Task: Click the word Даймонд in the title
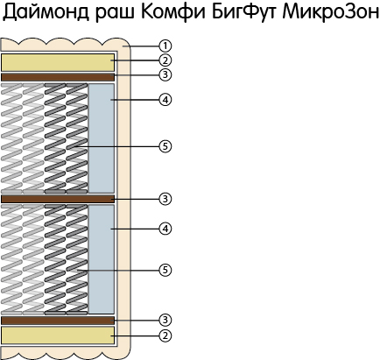tap(46, 12)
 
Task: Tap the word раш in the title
tap(116, 14)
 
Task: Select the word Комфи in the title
tap(173, 12)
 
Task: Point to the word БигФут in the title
tap(243, 12)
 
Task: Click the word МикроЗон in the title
tap(330, 12)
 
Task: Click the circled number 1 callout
tap(165, 46)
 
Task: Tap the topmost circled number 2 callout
tap(165, 60)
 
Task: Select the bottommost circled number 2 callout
tap(165, 335)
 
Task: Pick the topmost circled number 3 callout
tap(165, 74)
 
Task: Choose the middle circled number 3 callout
tap(165, 199)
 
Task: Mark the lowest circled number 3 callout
tap(165, 320)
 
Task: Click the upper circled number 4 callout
tap(165, 100)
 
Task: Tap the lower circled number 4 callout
tap(165, 229)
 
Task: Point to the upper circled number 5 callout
tap(165, 146)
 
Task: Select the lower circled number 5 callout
tap(165, 270)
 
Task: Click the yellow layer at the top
tap(58, 62)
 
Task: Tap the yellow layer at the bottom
tap(58, 335)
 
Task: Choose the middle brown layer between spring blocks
tap(58, 199)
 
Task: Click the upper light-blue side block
tap(101, 138)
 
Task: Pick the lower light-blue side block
tap(101, 259)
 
